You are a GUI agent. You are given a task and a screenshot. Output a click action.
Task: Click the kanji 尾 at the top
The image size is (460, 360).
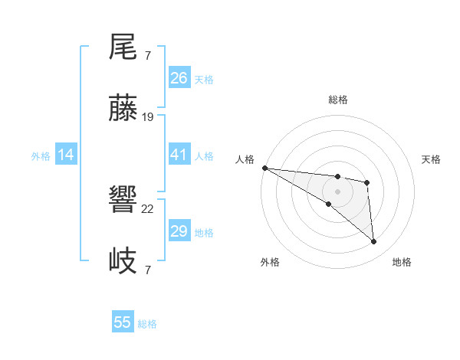tap(123, 48)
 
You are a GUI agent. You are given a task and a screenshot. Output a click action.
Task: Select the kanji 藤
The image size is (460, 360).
tap(123, 109)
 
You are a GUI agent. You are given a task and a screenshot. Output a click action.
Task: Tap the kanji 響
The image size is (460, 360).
tap(123, 201)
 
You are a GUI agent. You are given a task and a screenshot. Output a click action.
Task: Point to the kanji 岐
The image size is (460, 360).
tap(123, 261)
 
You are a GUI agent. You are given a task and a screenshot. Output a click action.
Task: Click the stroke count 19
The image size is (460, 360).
tap(148, 117)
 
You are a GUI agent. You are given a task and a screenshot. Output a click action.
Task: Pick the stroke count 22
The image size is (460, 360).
tap(148, 209)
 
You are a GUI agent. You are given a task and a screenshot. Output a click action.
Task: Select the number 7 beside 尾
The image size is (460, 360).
tap(147, 56)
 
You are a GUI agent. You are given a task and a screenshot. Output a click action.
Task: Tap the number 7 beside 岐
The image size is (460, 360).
tap(147, 270)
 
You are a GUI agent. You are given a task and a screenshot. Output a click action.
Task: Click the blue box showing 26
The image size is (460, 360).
tap(179, 78)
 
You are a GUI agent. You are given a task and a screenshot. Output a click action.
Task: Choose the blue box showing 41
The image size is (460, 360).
tap(179, 155)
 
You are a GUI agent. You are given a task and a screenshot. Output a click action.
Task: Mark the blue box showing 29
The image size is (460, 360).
tap(179, 231)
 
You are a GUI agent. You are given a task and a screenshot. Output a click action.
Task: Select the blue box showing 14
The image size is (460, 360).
tap(66, 155)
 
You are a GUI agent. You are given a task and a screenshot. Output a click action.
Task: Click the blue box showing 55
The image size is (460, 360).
tap(123, 322)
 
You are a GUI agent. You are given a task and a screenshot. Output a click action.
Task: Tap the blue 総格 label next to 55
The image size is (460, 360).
tap(147, 324)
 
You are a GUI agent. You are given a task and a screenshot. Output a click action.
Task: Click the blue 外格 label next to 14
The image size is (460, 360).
tap(41, 155)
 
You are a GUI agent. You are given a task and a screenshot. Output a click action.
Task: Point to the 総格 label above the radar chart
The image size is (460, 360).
tap(337, 100)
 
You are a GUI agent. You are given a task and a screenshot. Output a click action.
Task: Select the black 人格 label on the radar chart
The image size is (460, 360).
tap(245, 159)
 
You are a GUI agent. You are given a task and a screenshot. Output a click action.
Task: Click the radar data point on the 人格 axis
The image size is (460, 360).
tap(264, 168)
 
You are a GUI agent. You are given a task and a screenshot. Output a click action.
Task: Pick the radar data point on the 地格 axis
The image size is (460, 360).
tap(373, 242)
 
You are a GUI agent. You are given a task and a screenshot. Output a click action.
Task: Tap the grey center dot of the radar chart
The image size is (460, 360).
tap(337, 191)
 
